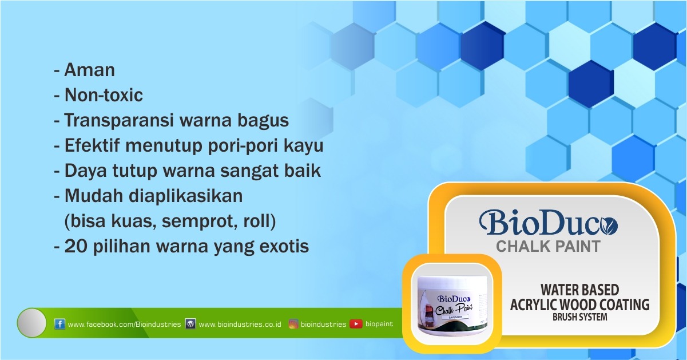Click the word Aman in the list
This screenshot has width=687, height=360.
[x=90, y=70]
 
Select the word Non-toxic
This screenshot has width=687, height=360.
[x=104, y=95]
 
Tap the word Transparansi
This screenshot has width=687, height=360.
[x=119, y=121]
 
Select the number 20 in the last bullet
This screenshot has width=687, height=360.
[x=77, y=246]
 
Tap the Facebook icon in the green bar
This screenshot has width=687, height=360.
[x=59, y=324]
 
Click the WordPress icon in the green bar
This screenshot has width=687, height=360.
[x=190, y=324]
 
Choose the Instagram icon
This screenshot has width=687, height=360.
[x=293, y=324]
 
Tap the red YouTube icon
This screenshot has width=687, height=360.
[x=356, y=324]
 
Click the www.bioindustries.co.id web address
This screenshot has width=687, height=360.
[x=240, y=325]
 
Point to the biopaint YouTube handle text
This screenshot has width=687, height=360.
[x=379, y=324]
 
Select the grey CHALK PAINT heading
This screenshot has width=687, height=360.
[x=548, y=247]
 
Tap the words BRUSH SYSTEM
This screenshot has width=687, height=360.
[x=579, y=317]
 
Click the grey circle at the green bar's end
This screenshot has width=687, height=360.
[x=31, y=323]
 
